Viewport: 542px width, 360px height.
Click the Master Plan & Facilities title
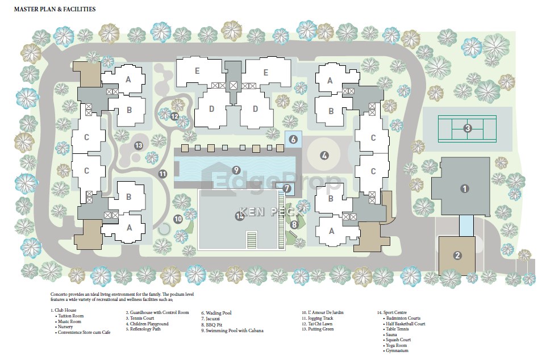55,9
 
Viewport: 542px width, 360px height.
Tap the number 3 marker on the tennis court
468,128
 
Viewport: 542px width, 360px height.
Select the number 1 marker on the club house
465,189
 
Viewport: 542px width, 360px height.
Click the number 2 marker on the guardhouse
457,256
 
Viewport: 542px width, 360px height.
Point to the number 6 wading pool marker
293,139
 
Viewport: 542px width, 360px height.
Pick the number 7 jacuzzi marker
287,189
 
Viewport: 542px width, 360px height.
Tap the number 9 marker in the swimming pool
236,170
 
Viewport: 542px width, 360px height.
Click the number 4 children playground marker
324,156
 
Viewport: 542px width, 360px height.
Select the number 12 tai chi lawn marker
174,116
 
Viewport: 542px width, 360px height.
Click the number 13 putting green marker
139,145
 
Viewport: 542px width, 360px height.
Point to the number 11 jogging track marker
162,174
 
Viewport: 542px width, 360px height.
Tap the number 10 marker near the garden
178,219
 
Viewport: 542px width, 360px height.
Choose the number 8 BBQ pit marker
294,225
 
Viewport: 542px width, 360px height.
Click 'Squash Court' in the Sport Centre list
399,340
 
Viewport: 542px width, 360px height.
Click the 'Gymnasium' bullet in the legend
397,351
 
